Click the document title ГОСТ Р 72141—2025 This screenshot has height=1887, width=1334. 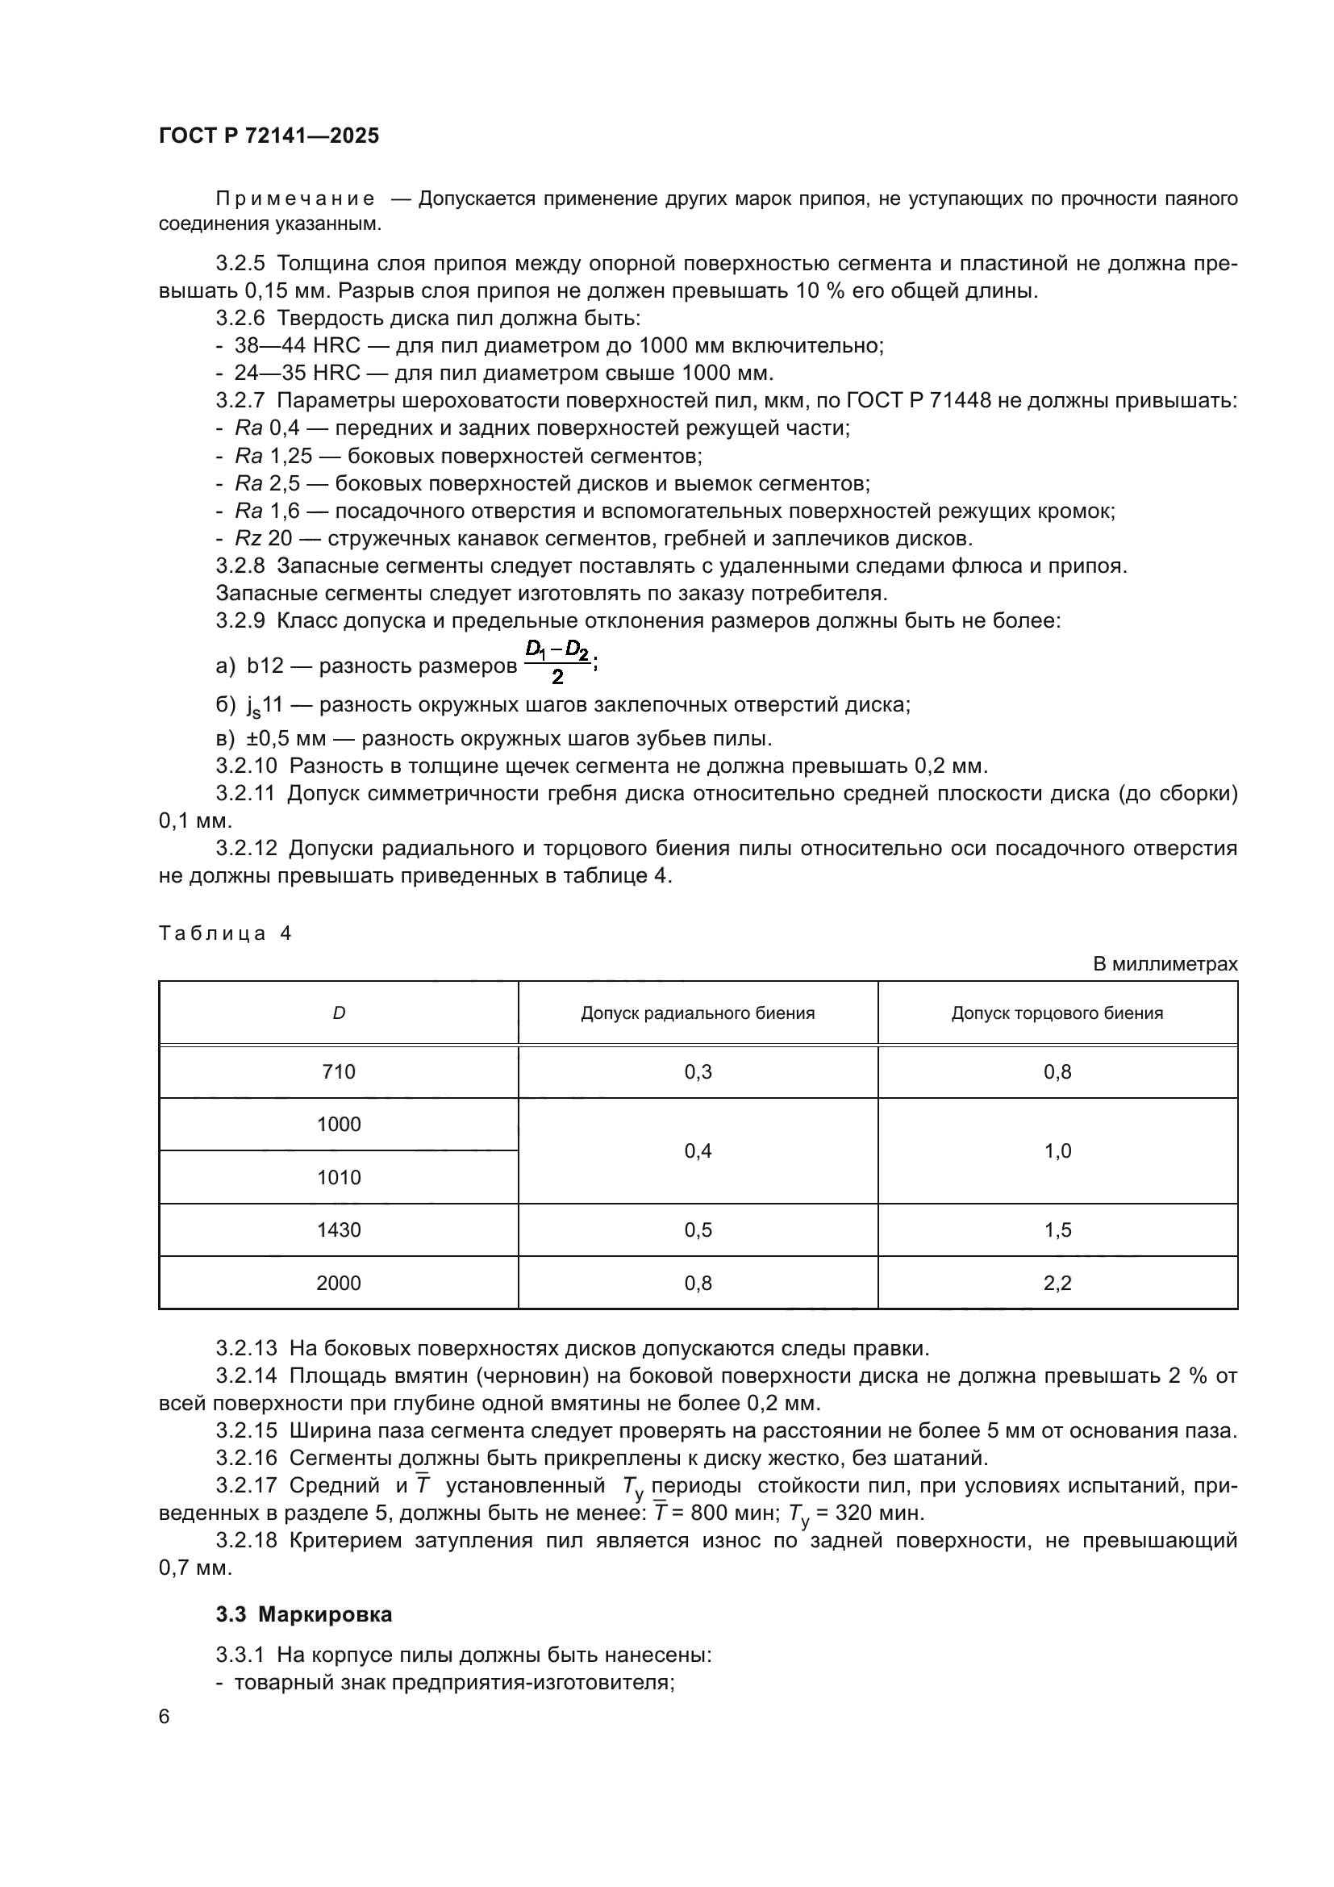pos(269,136)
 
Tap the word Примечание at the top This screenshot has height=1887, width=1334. pos(295,199)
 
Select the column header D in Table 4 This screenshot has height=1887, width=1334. pos(339,1013)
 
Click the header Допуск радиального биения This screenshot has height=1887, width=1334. pos(698,1013)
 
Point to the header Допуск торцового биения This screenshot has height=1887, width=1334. pos(1057,1013)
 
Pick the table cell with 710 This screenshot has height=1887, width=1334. pos(339,1071)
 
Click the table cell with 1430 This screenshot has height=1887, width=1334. pos(339,1230)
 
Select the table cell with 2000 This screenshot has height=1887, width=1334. pos(339,1283)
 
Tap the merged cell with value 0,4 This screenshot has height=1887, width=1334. pos(698,1150)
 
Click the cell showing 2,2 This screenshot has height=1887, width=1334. pos(1057,1283)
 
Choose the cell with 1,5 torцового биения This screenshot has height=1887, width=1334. pos(1057,1230)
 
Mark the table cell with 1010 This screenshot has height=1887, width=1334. pos(339,1178)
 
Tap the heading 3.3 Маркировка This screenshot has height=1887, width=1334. pos(304,1614)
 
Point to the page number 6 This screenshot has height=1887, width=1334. pos(165,1716)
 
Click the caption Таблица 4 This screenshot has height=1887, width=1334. pos(225,933)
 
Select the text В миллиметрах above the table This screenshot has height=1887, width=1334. pos(1165,964)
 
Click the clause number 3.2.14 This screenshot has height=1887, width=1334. pos(247,1376)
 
